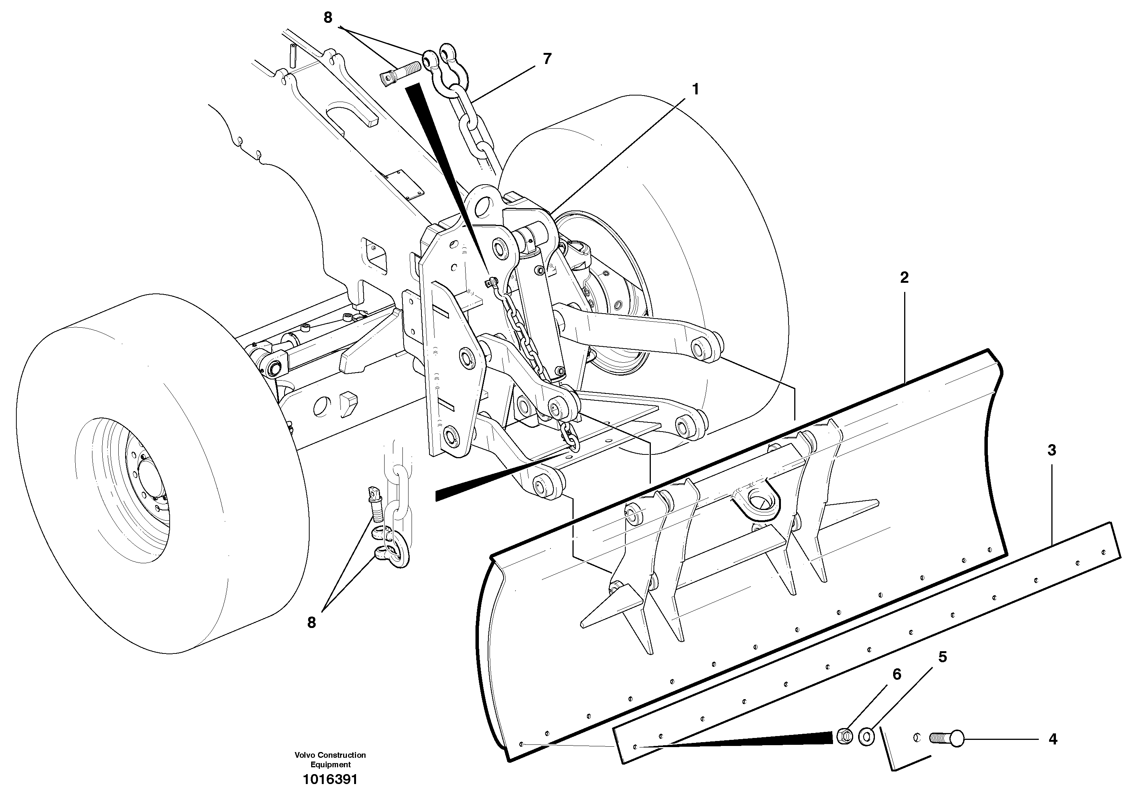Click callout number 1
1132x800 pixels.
point(695,90)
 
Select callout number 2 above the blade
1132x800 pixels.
point(904,278)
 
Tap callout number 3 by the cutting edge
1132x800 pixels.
point(1052,450)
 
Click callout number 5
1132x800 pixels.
point(942,657)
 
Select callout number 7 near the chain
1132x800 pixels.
point(547,59)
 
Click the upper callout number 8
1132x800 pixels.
point(328,18)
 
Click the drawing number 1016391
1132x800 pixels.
point(330,780)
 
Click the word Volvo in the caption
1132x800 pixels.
point(305,755)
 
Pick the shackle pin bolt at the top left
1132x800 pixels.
point(399,73)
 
